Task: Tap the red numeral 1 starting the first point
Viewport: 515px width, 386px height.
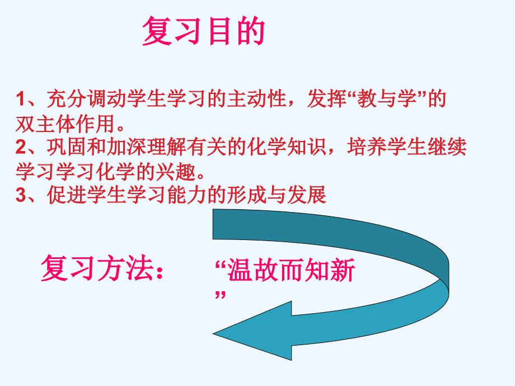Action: (x=20, y=100)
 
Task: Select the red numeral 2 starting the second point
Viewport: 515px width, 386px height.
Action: (x=20, y=148)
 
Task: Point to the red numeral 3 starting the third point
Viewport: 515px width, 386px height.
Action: (x=20, y=196)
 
